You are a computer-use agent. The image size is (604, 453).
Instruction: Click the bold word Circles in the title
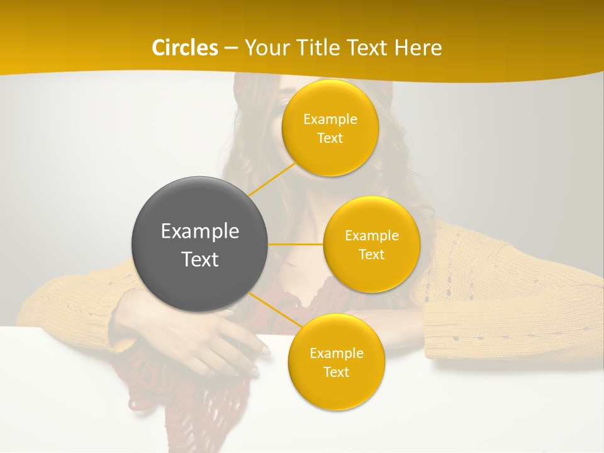(x=186, y=48)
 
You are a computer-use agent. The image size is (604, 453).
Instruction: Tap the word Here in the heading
(x=418, y=48)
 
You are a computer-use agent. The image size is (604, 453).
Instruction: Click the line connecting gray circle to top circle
(x=272, y=179)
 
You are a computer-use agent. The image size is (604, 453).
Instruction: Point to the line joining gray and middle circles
(x=296, y=244)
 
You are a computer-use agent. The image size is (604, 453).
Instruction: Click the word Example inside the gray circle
(x=200, y=232)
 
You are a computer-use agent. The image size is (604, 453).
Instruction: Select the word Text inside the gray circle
(x=200, y=259)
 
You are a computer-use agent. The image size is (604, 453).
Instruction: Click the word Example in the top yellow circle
(x=330, y=120)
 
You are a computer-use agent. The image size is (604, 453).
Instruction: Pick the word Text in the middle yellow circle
(x=371, y=255)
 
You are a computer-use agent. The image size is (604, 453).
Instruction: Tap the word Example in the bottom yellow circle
(x=336, y=354)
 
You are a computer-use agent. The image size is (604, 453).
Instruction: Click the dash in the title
(x=231, y=48)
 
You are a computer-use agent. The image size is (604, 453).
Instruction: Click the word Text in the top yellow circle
(x=330, y=138)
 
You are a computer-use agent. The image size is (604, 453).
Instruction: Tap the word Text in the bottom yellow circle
(x=336, y=372)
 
